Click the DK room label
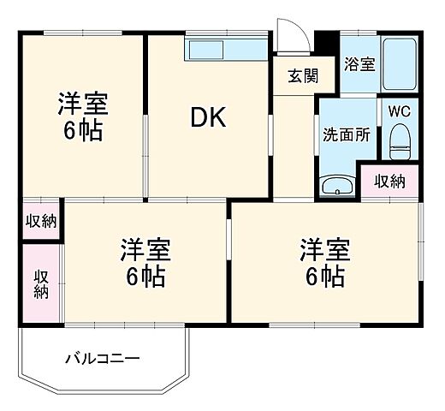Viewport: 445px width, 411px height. tap(208, 118)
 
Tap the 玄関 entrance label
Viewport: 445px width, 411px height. tap(302, 74)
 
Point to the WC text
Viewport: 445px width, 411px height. tap(400, 110)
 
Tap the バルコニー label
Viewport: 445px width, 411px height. tap(103, 358)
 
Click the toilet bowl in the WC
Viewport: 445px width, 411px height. tap(400, 141)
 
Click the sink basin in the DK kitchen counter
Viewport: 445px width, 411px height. tap(205, 49)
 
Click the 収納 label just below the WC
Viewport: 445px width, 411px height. tap(389, 180)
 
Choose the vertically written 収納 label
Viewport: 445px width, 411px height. tap(41, 283)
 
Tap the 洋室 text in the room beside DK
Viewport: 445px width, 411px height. tap(83, 104)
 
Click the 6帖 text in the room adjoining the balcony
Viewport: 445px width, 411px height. tap(145, 277)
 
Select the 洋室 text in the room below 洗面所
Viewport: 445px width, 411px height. tap(325, 250)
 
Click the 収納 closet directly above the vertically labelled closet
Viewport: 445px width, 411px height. tap(41, 221)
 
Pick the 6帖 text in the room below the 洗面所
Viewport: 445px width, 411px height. tap(325, 277)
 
